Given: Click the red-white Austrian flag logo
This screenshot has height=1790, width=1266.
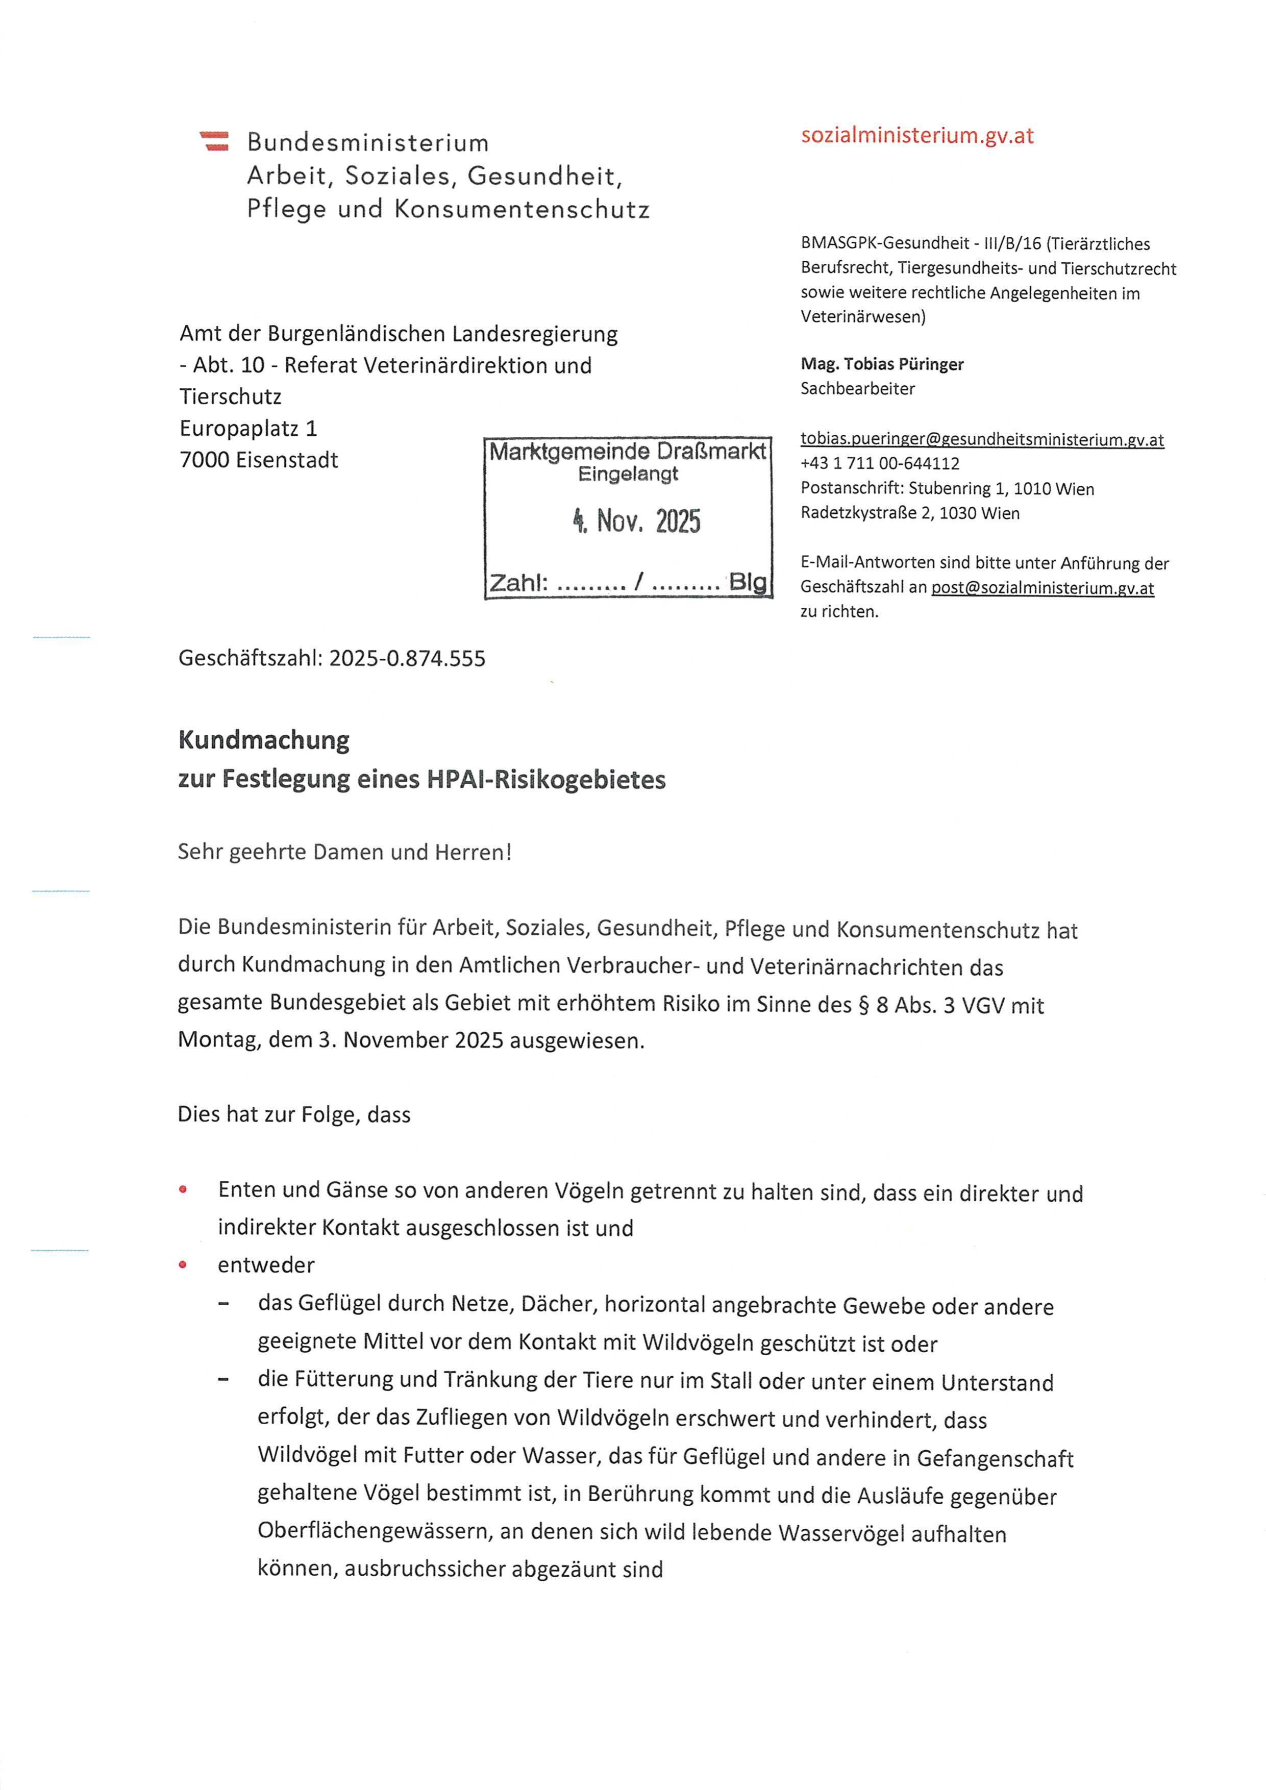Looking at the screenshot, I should (214, 141).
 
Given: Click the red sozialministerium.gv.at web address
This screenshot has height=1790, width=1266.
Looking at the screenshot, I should (917, 136).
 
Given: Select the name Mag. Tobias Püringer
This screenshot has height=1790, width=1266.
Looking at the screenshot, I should (882, 364).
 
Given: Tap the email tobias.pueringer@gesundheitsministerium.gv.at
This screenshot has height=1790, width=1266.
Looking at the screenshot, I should (981, 440).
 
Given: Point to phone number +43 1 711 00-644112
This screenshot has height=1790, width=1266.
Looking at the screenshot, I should (879, 464).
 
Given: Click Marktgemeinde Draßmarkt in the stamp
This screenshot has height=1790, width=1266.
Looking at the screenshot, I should (628, 452).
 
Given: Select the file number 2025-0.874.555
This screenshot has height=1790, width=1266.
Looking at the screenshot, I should (407, 659).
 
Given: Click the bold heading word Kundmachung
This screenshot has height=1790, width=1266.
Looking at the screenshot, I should (263, 740).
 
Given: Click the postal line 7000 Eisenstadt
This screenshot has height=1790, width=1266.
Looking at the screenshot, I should (259, 460).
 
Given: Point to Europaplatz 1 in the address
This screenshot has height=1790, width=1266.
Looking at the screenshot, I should (248, 429).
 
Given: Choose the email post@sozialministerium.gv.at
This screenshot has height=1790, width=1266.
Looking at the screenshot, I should (1042, 588).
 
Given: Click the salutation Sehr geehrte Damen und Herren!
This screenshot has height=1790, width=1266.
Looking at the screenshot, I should (344, 852).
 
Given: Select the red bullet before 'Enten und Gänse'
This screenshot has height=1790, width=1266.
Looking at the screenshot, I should (182, 1190).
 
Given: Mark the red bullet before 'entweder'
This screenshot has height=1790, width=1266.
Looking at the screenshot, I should (182, 1264).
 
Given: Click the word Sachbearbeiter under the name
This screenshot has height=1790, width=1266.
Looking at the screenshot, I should (857, 388).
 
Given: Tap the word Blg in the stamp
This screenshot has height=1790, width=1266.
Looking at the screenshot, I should (748, 582).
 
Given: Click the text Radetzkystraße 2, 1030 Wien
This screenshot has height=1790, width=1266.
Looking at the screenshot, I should (910, 513).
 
